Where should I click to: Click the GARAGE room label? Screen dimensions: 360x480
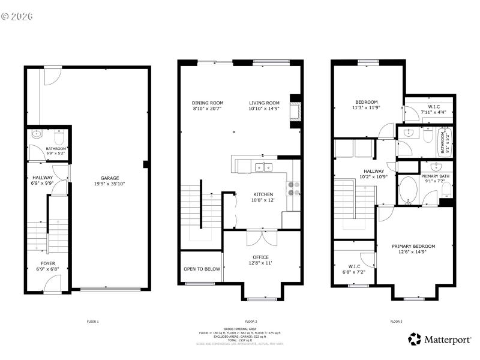click(x=109, y=178)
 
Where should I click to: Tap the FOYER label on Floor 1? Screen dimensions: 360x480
click(x=48, y=263)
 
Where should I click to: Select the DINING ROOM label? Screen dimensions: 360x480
click(x=207, y=103)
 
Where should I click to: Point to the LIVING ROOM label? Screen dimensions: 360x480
click(x=264, y=103)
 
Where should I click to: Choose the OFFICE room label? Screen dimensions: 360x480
click(x=260, y=257)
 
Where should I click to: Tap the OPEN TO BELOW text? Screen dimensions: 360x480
click(x=202, y=269)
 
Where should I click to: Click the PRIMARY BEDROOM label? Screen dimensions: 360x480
click(x=413, y=246)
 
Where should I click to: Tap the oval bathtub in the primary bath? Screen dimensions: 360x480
click(x=409, y=191)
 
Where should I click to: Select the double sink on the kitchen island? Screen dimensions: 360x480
click(x=262, y=167)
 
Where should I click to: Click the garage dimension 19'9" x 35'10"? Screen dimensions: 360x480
click(x=109, y=184)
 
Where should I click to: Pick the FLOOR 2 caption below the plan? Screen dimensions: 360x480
click(x=251, y=322)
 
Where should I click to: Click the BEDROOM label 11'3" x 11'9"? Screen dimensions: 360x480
click(x=367, y=102)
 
